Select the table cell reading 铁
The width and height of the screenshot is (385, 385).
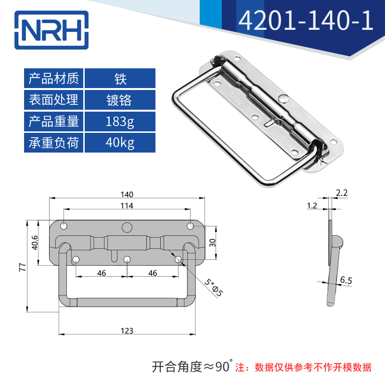[120, 78]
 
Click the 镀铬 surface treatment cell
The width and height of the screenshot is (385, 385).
[120, 100]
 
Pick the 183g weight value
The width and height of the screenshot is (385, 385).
[120, 121]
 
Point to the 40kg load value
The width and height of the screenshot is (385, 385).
[120, 143]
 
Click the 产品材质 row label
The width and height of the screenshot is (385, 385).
[54, 78]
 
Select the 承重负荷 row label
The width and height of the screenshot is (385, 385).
[54, 143]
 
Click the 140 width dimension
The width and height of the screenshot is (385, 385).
[127, 194]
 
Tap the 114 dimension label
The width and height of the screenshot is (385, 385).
[127, 205]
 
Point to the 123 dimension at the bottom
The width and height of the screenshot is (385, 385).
[127, 331]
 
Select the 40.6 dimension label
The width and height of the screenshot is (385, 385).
[35, 243]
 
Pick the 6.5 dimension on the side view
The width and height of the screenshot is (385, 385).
[346, 279]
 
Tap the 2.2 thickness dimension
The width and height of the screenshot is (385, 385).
[342, 193]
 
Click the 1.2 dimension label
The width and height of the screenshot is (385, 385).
[312, 205]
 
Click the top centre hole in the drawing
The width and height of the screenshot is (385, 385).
[127, 227]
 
